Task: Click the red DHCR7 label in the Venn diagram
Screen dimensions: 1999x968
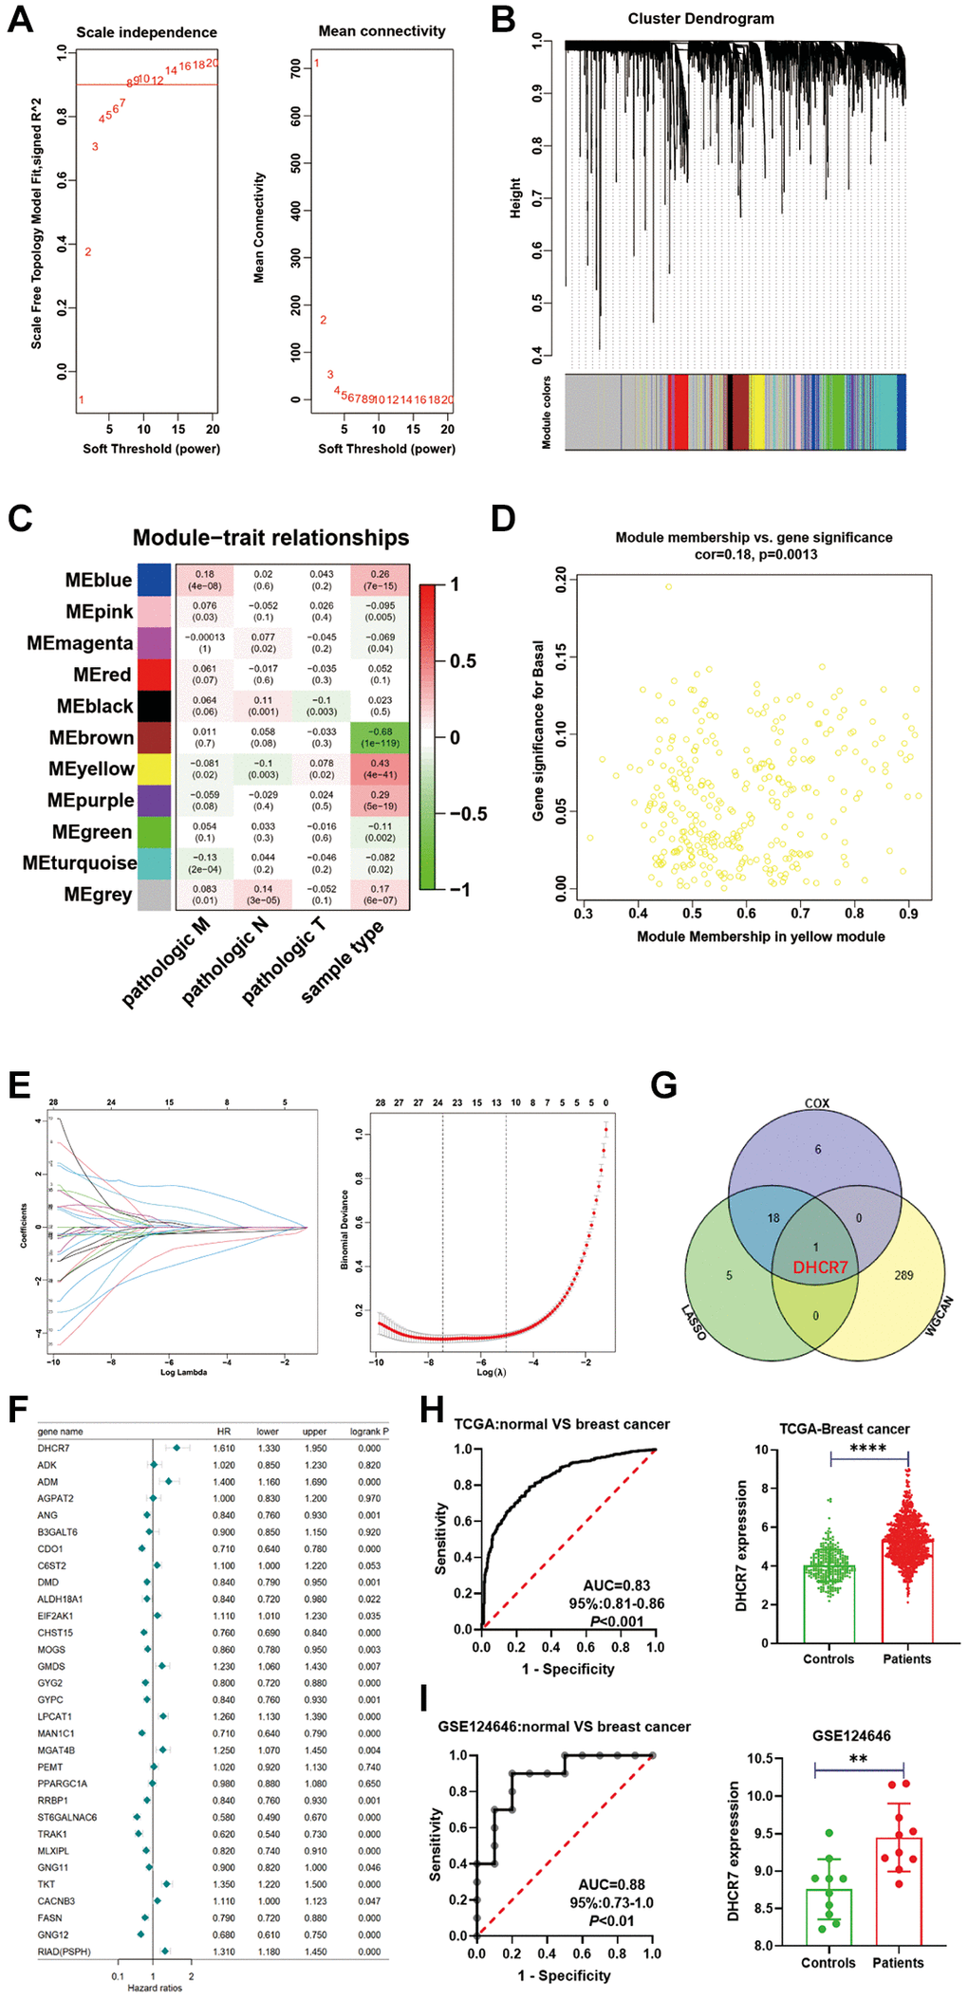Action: click(x=820, y=1268)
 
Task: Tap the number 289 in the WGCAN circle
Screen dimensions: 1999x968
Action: click(x=903, y=1275)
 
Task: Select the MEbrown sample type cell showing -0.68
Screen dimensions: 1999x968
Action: click(x=380, y=737)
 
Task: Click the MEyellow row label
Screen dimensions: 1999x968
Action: click(x=91, y=768)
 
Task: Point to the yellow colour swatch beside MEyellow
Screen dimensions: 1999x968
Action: click(x=154, y=768)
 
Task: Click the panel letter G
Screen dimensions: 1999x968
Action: click(x=664, y=1084)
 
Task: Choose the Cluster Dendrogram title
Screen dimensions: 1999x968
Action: click(x=700, y=19)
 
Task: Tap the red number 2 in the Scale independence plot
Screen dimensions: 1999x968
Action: click(x=88, y=251)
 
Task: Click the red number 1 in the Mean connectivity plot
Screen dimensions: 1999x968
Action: click(x=317, y=64)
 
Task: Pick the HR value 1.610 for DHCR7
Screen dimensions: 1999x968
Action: click(x=224, y=1449)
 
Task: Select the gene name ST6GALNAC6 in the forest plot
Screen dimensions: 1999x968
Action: click(x=66, y=1817)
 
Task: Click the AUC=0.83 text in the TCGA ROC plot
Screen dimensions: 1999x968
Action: click(x=617, y=1585)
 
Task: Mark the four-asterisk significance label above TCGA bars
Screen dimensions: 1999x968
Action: click(x=867, y=1449)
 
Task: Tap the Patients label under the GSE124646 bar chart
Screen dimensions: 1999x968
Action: click(x=898, y=1963)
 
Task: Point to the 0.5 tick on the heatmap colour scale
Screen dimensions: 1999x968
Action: click(x=462, y=661)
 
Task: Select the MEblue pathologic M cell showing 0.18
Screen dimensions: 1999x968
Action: click(x=205, y=580)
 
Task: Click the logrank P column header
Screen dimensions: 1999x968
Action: click(x=369, y=1432)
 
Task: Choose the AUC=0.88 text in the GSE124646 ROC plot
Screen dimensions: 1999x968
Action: click(x=612, y=1884)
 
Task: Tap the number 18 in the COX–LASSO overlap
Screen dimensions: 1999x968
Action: click(x=773, y=1218)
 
